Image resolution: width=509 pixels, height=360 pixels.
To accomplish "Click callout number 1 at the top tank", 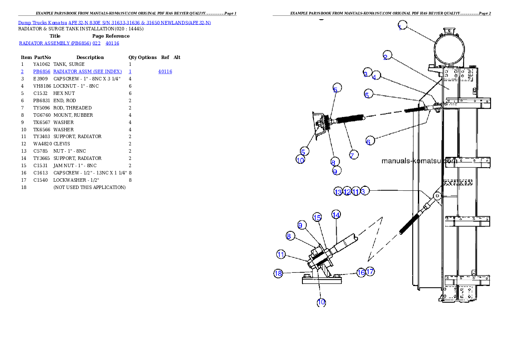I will point(402,26).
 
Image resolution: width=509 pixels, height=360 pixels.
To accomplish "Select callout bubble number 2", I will point(387,56).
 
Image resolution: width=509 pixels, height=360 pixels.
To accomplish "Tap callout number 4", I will point(376,76).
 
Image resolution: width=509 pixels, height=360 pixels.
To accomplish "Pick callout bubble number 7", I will point(353,155).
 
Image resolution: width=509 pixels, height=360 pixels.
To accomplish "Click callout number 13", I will point(338,192).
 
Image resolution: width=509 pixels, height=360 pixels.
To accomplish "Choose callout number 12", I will point(347,192).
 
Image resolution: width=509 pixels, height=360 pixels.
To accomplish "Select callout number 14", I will point(336,214).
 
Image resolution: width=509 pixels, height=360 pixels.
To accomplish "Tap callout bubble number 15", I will point(317,218).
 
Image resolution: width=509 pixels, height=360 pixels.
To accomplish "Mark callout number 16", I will point(361,272).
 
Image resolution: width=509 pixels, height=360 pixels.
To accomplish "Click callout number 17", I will point(370,271).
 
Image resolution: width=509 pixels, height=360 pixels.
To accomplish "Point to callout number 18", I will point(278,273).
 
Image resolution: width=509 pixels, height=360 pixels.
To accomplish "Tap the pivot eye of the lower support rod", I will point(437,195).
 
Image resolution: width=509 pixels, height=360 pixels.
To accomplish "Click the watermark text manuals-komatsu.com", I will point(419,161).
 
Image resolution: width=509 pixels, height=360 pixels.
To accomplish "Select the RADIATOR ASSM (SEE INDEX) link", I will point(87,71).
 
